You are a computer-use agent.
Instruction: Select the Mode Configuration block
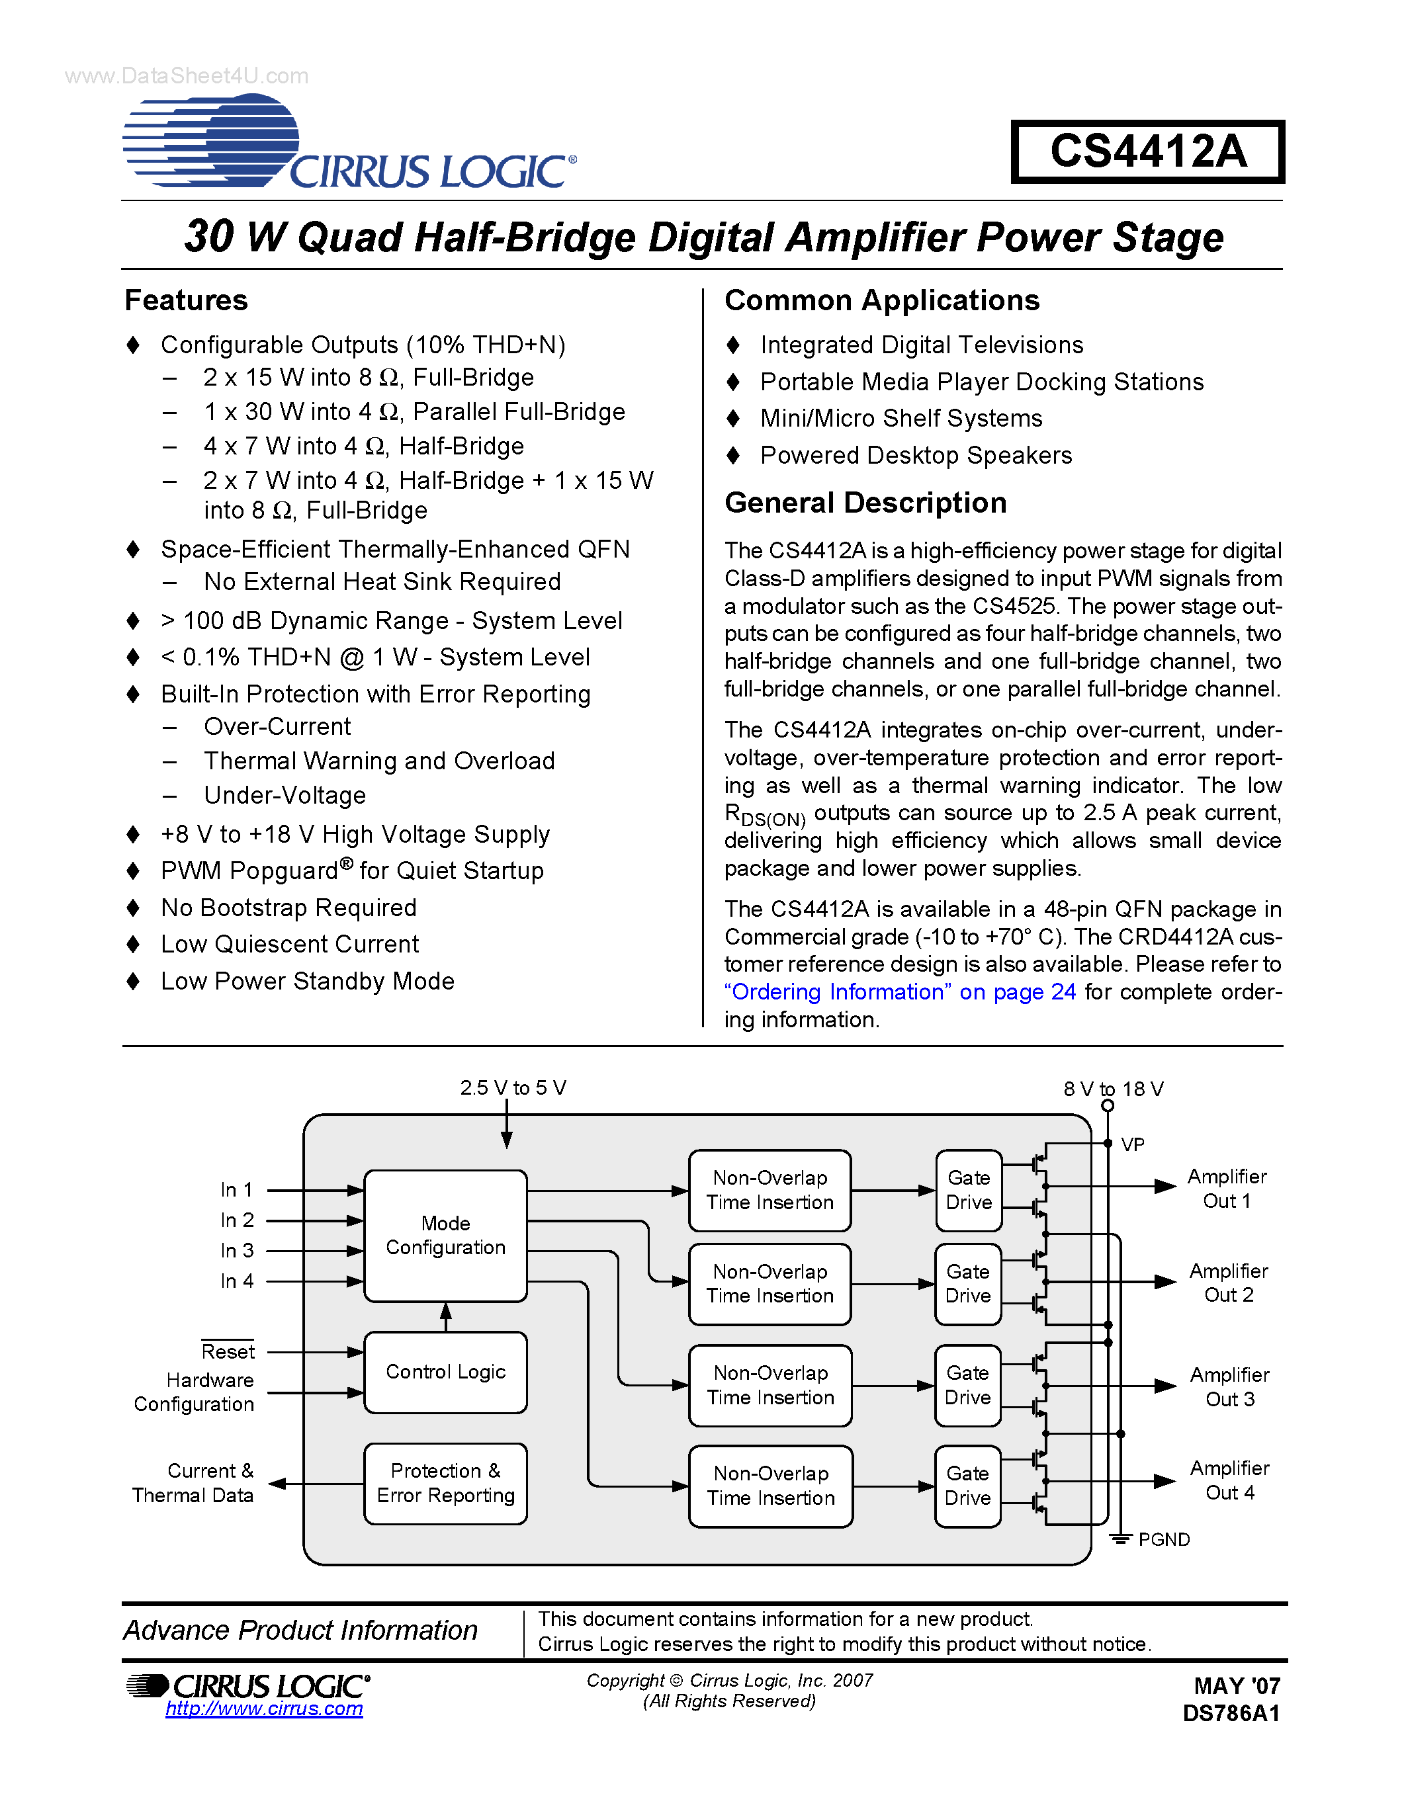(446, 1235)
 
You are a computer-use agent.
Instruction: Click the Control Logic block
(446, 1372)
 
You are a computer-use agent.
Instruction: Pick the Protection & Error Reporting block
(446, 1484)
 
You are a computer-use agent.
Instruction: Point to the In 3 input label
(237, 1251)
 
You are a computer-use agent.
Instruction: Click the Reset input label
(228, 1351)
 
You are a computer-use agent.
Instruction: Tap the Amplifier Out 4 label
(1229, 1480)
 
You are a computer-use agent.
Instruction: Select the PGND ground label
(1164, 1539)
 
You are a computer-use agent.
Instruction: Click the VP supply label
(1133, 1144)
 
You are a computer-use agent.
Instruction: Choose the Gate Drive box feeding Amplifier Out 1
(969, 1190)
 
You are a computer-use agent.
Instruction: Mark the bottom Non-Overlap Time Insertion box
(770, 1486)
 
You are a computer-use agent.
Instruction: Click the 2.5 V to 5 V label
(513, 1087)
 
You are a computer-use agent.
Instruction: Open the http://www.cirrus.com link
(264, 1709)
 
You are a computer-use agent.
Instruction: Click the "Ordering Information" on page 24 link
(900, 992)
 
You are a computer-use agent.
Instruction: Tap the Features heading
(187, 300)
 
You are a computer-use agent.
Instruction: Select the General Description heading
(865, 503)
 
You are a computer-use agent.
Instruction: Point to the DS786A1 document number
(1231, 1713)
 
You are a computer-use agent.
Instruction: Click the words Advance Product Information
(300, 1630)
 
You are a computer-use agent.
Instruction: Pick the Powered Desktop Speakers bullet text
(916, 456)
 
